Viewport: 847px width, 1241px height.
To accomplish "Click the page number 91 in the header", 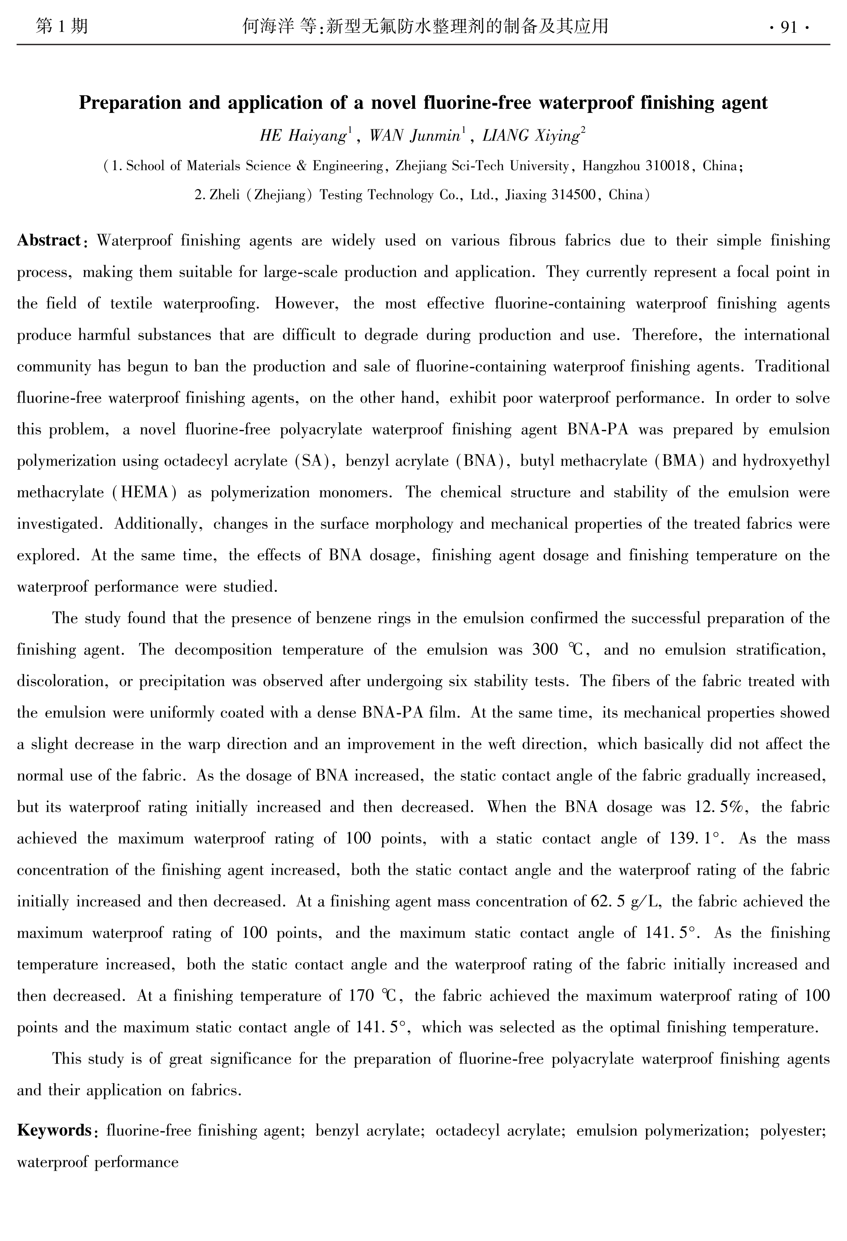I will [788, 27].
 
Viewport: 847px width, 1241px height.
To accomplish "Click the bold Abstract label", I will [49, 240].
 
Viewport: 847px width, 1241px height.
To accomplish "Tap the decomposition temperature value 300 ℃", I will [559, 650].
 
